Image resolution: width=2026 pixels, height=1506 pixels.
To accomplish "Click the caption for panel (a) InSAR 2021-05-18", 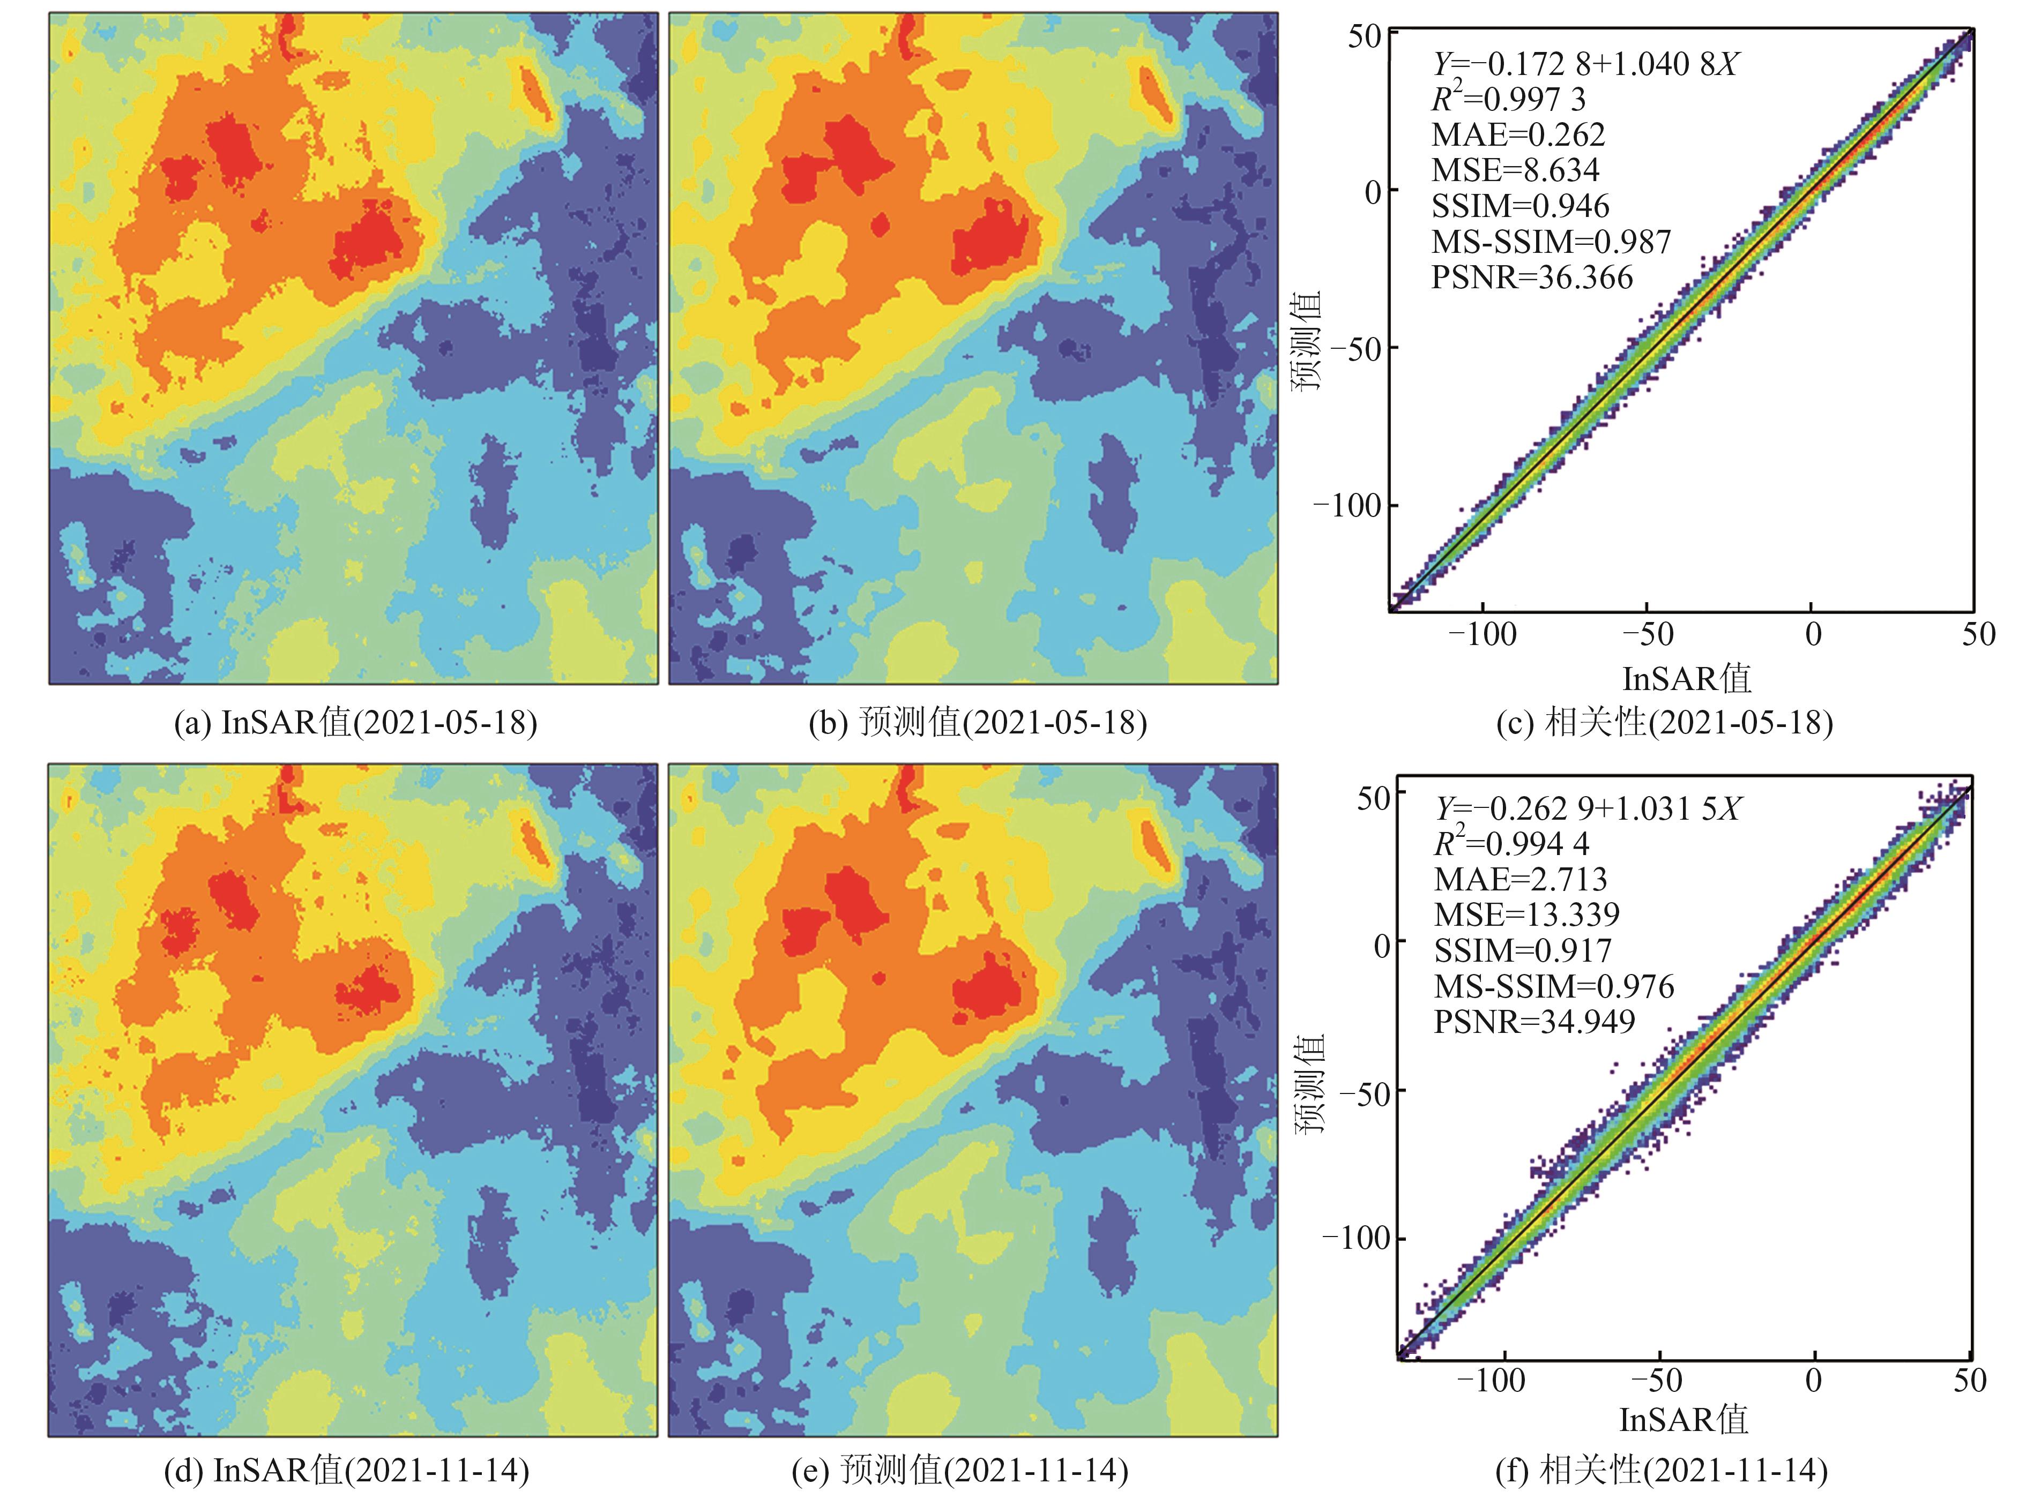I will point(355,723).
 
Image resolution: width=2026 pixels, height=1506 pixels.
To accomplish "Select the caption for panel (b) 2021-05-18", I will point(978,723).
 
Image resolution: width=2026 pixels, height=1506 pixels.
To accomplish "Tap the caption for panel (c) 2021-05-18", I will point(1664,723).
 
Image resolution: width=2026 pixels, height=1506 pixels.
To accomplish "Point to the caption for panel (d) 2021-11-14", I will point(346,1470).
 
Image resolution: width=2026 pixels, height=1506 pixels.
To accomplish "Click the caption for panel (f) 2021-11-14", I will point(1662,1470).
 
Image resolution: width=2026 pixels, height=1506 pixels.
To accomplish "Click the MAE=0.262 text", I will point(1518,135).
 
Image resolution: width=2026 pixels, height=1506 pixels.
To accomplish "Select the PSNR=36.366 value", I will point(1532,277).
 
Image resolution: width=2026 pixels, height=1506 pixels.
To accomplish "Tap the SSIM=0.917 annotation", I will point(1523,951).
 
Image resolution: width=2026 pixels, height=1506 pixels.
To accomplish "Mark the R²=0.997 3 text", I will point(1508,99).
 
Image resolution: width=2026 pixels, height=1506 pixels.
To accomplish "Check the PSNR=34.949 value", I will point(1535,1022).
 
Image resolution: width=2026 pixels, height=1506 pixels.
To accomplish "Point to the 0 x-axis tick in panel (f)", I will point(1814,1381).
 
